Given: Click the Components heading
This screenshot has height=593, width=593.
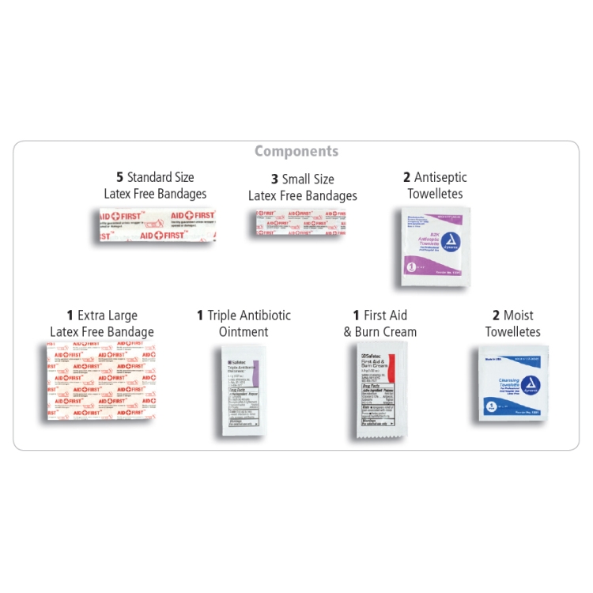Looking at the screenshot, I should pyautogui.click(x=296, y=151).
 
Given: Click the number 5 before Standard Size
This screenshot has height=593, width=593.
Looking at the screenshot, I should pyautogui.click(x=120, y=177).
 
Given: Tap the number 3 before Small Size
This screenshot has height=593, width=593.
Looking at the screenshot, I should pyautogui.click(x=274, y=179).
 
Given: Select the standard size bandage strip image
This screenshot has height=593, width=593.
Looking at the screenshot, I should pyautogui.click(x=156, y=225).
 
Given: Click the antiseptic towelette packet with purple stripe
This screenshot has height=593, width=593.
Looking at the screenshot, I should pyautogui.click(x=431, y=244).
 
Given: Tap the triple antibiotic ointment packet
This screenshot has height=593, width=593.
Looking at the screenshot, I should pyautogui.click(x=244, y=391).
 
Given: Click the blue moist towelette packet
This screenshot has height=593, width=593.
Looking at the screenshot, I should pyautogui.click(x=513, y=383).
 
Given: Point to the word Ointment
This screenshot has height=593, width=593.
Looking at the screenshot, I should pyautogui.click(x=244, y=332).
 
